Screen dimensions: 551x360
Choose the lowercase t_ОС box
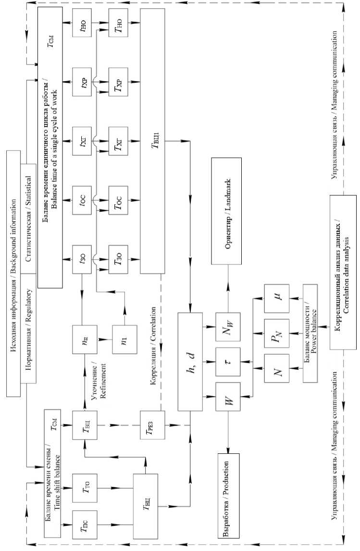(84, 199)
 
